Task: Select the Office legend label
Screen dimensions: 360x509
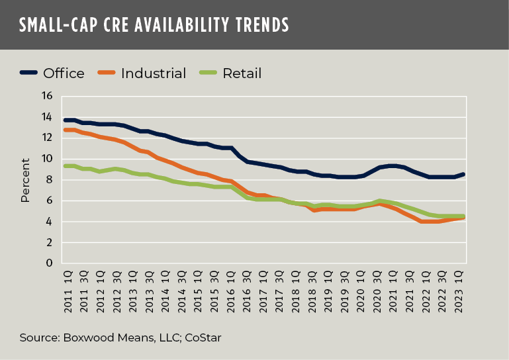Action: [x=64, y=73]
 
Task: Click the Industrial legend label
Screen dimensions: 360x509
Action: [x=154, y=73]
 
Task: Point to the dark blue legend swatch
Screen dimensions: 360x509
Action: [x=29, y=73]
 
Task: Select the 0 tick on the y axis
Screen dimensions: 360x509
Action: [x=49, y=263]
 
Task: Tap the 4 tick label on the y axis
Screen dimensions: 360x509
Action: [x=49, y=222]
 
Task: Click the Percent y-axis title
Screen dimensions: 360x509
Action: [x=25, y=180]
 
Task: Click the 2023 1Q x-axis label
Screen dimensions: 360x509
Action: [x=461, y=291]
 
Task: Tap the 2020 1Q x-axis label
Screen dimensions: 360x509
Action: [x=361, y=291]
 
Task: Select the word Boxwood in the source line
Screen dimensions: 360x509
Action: [x=82, y=338]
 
